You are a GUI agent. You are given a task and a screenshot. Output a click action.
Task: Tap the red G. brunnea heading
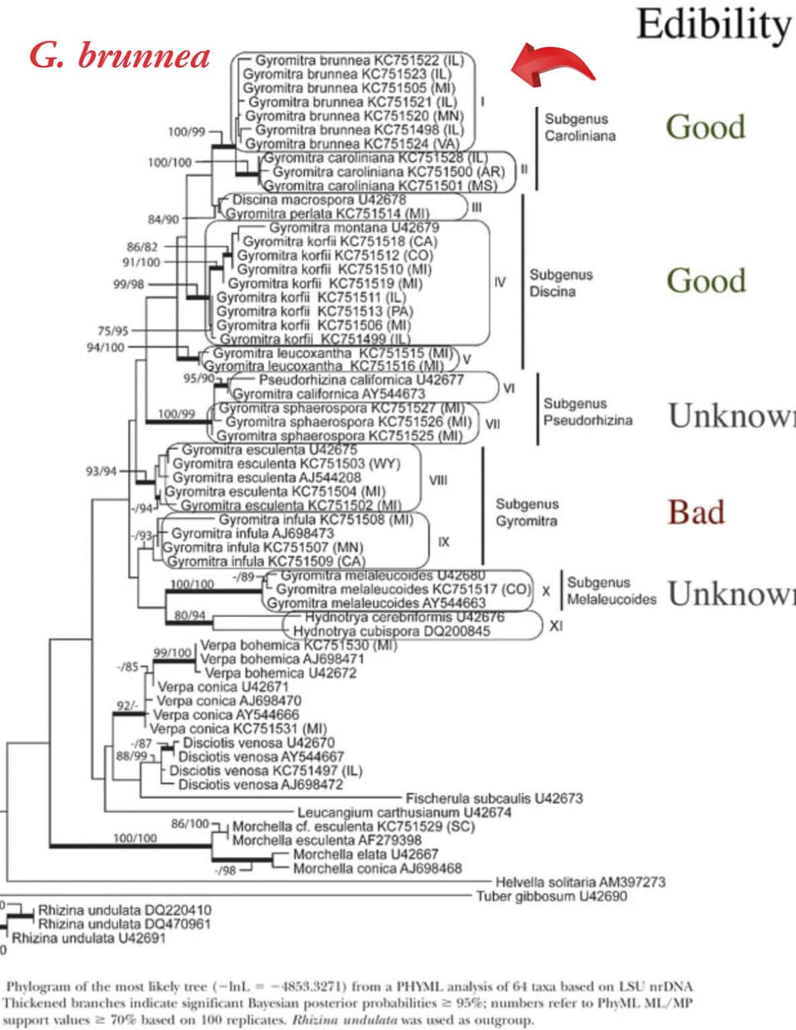pos(120,56)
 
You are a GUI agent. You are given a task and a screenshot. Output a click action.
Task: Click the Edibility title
pos(714,25)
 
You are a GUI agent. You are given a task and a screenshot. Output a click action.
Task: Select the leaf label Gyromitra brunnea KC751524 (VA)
pos(352,144)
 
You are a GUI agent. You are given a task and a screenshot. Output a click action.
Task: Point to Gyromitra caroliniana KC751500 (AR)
pos(388,172)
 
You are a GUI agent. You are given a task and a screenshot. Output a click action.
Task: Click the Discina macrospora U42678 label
pos(319,200)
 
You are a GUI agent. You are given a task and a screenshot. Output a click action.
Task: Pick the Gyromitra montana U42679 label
pos(355,227)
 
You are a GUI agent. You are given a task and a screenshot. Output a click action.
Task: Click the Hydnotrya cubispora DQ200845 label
pos(392,631)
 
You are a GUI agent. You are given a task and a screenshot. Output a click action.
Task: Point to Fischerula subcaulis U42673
pos(494,798)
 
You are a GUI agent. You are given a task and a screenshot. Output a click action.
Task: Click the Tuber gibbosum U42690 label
pos(552,896)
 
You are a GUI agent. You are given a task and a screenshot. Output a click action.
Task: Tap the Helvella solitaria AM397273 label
pos(580,882)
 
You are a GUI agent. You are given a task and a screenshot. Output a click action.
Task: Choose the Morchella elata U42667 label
pos(365,854)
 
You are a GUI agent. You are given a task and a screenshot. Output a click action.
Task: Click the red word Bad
pos(696,512)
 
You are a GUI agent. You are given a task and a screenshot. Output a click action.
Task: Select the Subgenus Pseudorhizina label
pos(587,412)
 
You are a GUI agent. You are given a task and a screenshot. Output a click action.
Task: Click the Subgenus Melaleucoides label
pos(611,591)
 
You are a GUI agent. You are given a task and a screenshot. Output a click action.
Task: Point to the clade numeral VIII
pos(438,480)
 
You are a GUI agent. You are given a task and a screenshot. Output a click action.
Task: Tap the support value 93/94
pos(101,471)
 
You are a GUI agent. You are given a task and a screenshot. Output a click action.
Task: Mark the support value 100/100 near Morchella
pos(135,838)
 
